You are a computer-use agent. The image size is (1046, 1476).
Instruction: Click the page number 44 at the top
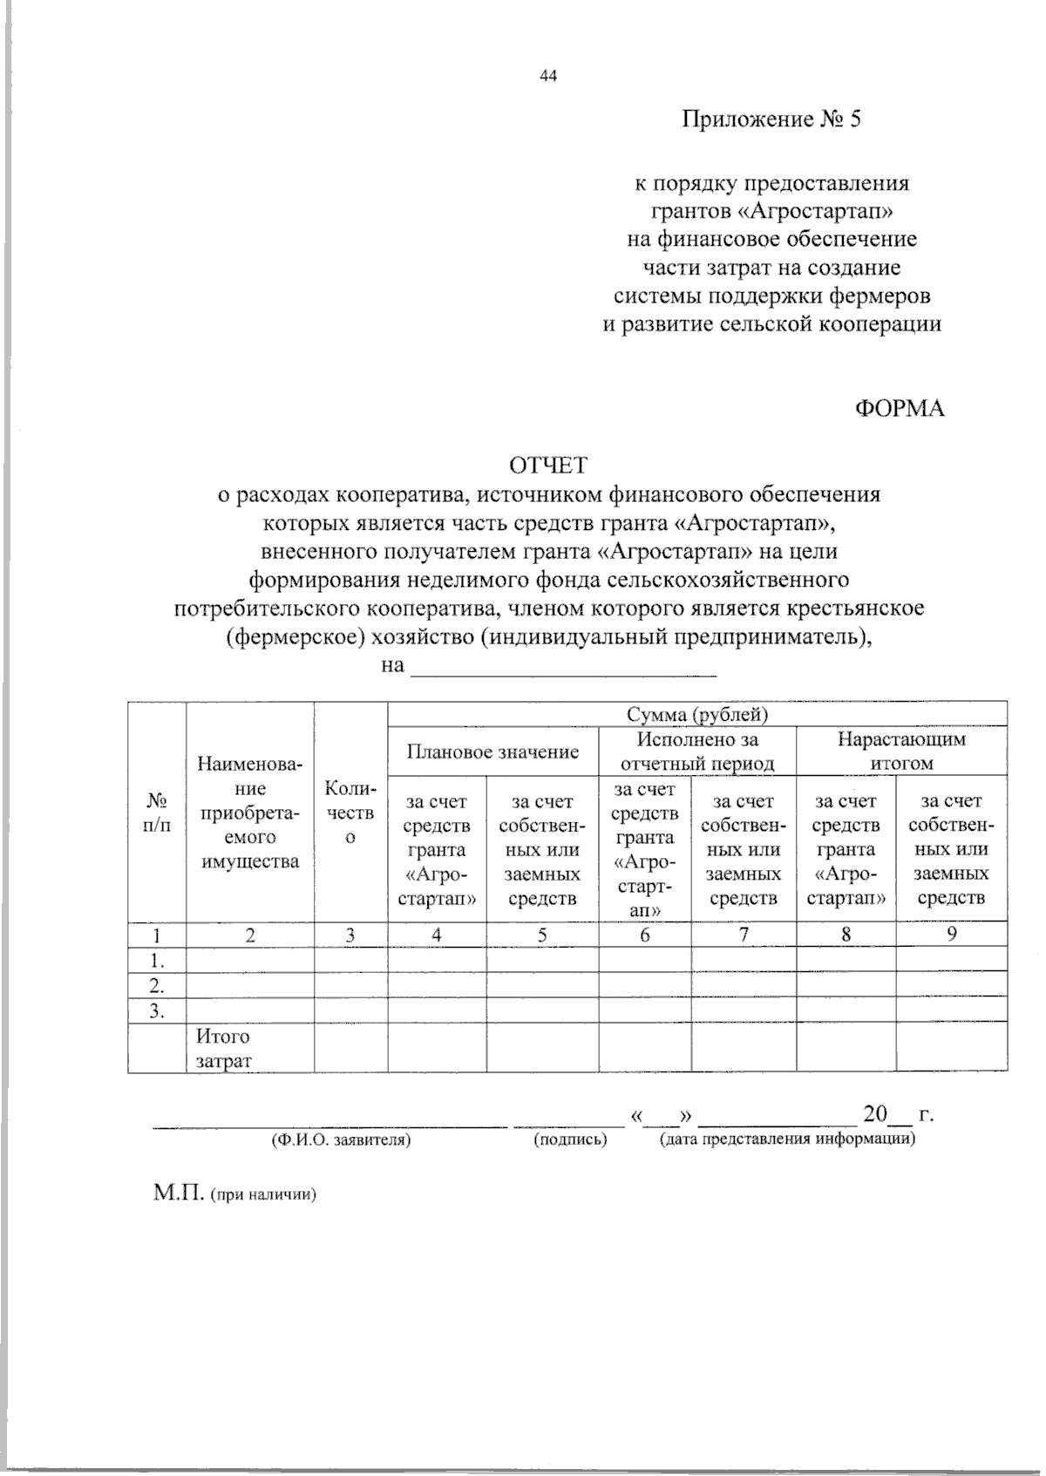pos(548,76)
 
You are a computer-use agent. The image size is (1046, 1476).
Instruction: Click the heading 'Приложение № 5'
pos(771,119)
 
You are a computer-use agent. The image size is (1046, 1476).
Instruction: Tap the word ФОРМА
pos(899,408)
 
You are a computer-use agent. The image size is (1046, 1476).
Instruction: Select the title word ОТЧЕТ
pos(548,466)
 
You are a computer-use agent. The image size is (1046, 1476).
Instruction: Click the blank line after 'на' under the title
pos(563,668)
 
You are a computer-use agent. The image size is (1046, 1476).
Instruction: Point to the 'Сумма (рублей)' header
pos(697,715)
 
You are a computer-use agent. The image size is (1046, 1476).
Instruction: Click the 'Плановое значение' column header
pos(493,752)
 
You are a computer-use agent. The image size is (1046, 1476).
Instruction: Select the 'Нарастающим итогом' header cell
pos(901,751)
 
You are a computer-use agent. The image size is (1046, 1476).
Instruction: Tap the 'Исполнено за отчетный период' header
pos(696,751)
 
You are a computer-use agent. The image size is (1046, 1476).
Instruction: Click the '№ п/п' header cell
pos(157,812)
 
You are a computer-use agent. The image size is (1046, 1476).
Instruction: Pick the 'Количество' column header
pos(350,813)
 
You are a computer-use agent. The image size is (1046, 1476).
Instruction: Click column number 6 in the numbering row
pos(644,935)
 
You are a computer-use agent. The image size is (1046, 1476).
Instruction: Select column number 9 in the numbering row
pos(952,935)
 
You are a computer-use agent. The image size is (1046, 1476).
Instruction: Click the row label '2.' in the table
pos(157,986)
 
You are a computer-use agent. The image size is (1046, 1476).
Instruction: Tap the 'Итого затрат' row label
pos(223,1048)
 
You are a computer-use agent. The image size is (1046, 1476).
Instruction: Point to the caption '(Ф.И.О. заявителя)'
pos(341,1139)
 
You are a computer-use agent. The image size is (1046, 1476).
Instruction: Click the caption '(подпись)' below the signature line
pos(570,1139)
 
